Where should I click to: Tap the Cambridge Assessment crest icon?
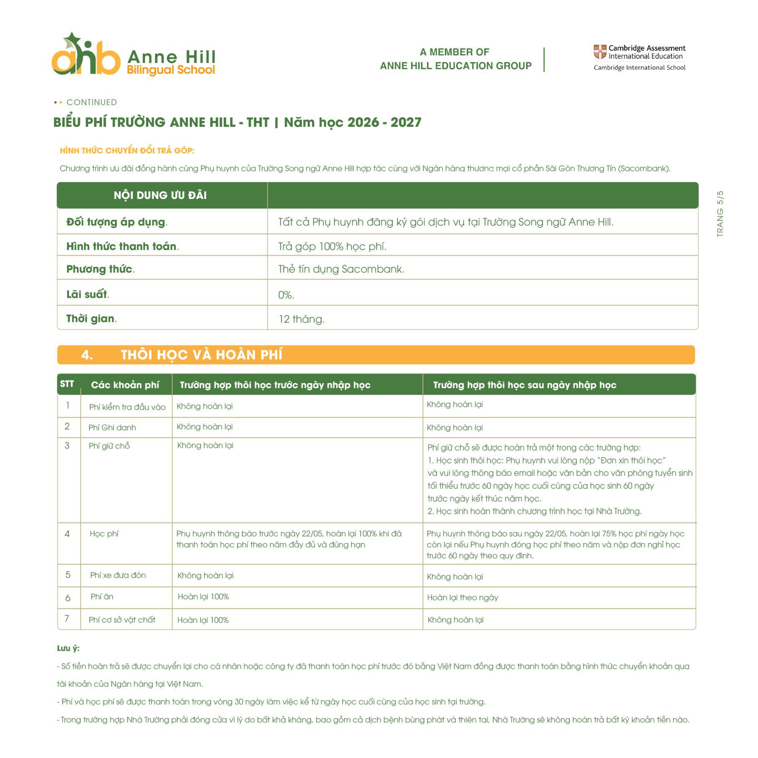tap(600, 52)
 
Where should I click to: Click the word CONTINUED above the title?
tap(92, 102)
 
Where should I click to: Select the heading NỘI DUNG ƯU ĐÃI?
tap(160, 195)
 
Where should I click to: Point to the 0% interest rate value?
tap(286, 295)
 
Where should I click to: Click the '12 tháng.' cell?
tap(302, 319)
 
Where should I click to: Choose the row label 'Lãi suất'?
tap(87, 294)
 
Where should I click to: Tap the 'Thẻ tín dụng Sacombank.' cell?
tap(341, 269)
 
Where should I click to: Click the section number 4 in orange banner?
tap(87, 355)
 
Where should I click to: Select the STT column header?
tap(67, 384)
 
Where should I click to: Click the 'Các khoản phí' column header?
tap(125, 385)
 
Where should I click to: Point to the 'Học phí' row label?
tap(104, 534)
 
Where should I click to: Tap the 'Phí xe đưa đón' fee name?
tap(118, 575)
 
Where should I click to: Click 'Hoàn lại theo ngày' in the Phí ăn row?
tap(462, 598)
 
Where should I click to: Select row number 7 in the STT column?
tap(67, 619)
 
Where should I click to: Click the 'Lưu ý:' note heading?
tap(68, 648)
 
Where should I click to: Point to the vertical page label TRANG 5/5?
tap(720, 214)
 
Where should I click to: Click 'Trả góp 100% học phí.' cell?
tap(332, 246)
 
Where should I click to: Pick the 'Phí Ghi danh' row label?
tap(112, 428)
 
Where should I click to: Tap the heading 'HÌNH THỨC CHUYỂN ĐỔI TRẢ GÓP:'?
tap(127, 150)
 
